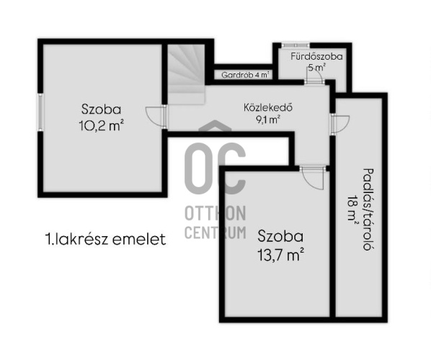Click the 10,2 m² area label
coord(101,124)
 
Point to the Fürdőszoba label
coord(316,56)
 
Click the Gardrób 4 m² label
coord(245,74)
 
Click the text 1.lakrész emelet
coord(104,240)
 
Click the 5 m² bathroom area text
coord(316,67)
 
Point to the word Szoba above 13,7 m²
coord(280,236)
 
